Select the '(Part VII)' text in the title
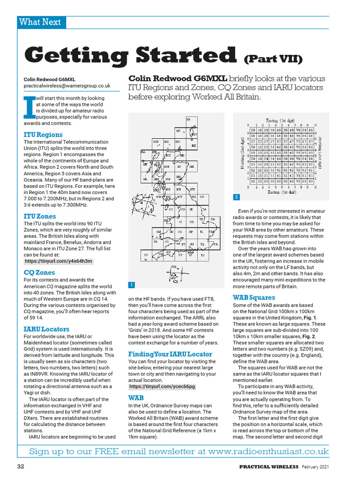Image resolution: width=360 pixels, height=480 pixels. pyautogui.click(x=273, y=59)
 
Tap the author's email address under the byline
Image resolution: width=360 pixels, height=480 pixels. pyautogui.click(x=67, y=86)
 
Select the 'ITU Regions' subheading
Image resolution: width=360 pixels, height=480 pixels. pyautogui.click(x=43, y=135)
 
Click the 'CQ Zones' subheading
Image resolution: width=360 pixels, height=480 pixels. pyautogui.click(x=39, y=272)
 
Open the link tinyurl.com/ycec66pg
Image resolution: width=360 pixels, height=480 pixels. pyautogui.click(x=162, y=387)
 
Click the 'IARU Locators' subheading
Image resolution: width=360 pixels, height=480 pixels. pyautogui.click(x=46, y=329)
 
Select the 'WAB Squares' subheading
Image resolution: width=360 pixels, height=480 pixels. pyautogui.click(x=254, y=297)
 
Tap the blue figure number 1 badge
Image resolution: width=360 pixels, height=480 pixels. pyautogui.click(x=132, y=285)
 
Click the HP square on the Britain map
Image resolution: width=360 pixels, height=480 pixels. pyautogui.click(x=189, y=120)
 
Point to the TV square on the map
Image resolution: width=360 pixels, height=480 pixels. pyautogui.click(x=202, y=255)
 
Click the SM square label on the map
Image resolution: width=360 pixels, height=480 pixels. pyautogui.click(x=158, y=232)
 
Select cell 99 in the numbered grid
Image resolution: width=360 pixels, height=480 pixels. pyautogui.click(x=310, y=130)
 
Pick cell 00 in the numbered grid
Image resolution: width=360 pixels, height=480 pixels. pyautogui.click(x=253, y=181)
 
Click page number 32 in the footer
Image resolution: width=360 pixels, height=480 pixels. pyautogui.click(x=21, y=466)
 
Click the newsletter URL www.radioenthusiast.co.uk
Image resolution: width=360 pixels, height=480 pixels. pyautogui.click(x=269, y=451)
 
